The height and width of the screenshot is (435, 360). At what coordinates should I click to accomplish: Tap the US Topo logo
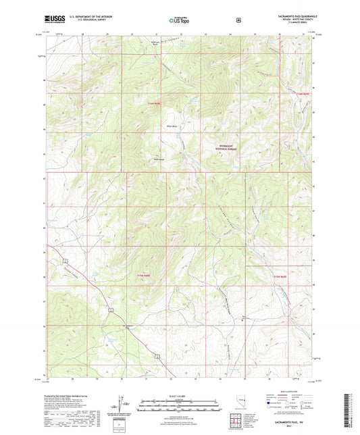pos(179,21)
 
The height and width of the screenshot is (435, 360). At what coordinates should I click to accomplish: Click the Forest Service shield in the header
pos(238,20)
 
